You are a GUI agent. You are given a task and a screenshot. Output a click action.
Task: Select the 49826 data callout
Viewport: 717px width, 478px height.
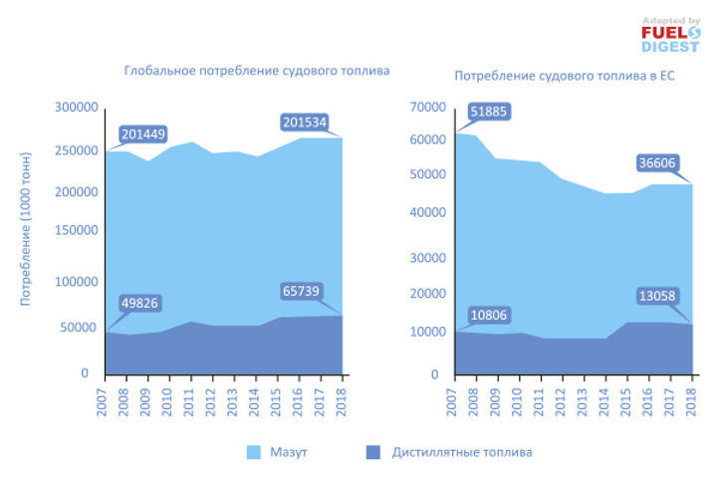click(x=139, y=303)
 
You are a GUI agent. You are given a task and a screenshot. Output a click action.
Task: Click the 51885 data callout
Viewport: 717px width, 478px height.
click(x=489, y=112)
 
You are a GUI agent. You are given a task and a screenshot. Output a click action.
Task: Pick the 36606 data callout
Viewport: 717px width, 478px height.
click(x=659, y=162)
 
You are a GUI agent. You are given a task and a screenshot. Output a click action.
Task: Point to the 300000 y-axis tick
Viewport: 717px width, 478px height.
click(x=76, y=108)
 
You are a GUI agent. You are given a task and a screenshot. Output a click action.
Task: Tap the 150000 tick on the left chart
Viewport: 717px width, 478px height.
click(x=76, y=231)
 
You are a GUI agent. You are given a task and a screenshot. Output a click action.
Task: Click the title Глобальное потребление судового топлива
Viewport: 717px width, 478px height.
click(x=256, y=72)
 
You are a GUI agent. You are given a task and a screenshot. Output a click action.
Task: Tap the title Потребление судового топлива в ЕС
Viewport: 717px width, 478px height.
click(x=565, y=75)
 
